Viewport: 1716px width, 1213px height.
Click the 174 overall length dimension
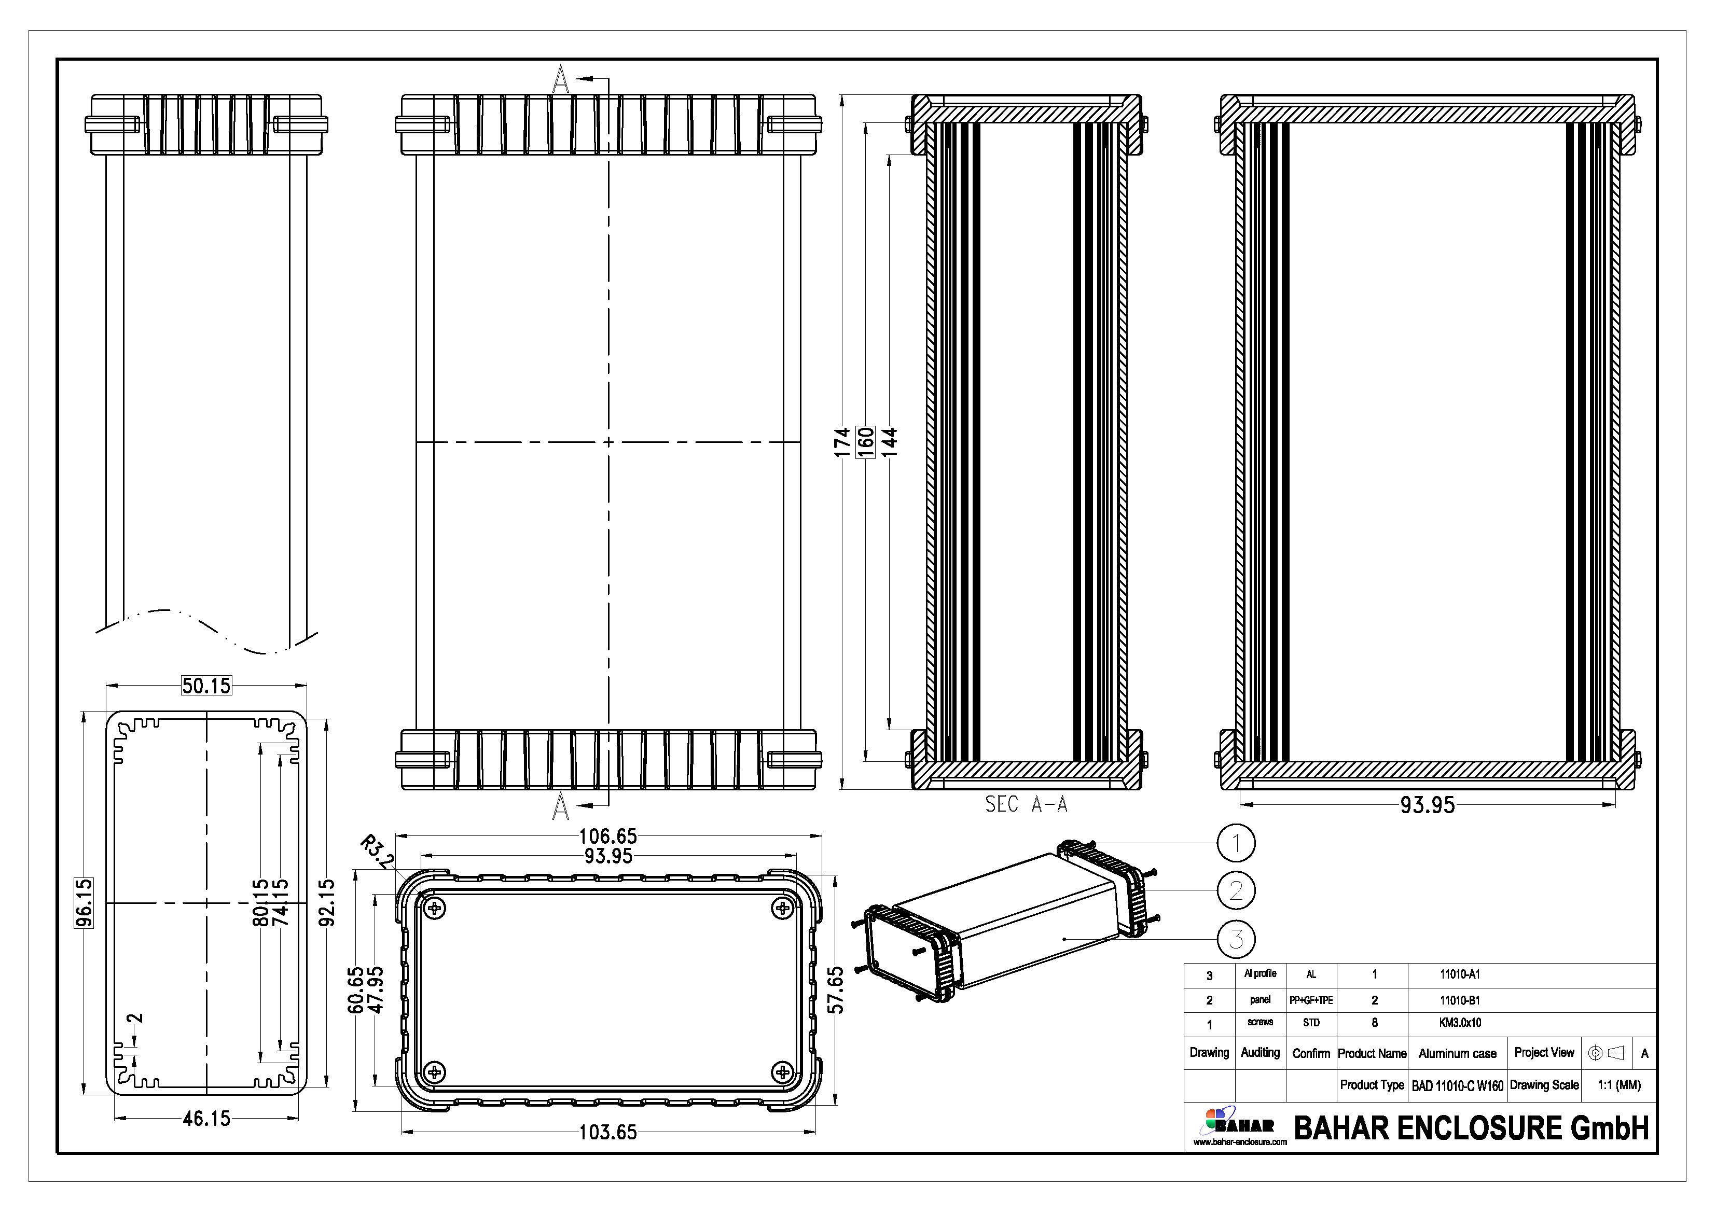(842, 442)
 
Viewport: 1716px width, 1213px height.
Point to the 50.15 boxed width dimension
(206, 686)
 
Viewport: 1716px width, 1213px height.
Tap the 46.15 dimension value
(207, 1119)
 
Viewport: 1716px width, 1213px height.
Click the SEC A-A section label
(1026, 804)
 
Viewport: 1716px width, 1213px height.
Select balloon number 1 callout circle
(1236, 843)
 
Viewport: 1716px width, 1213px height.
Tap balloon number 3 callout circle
(1236, 939)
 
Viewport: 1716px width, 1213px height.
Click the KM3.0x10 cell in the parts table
(1460, 1023)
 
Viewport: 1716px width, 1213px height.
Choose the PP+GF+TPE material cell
(1311, 1000)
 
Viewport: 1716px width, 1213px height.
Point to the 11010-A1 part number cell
(1460, 974)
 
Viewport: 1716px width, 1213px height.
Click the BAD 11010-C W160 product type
(1457, 1086)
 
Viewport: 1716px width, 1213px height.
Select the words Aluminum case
(1457, 1054)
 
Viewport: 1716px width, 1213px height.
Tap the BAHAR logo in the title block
(1239, 1125)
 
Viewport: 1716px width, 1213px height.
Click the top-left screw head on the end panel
(434, 909)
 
